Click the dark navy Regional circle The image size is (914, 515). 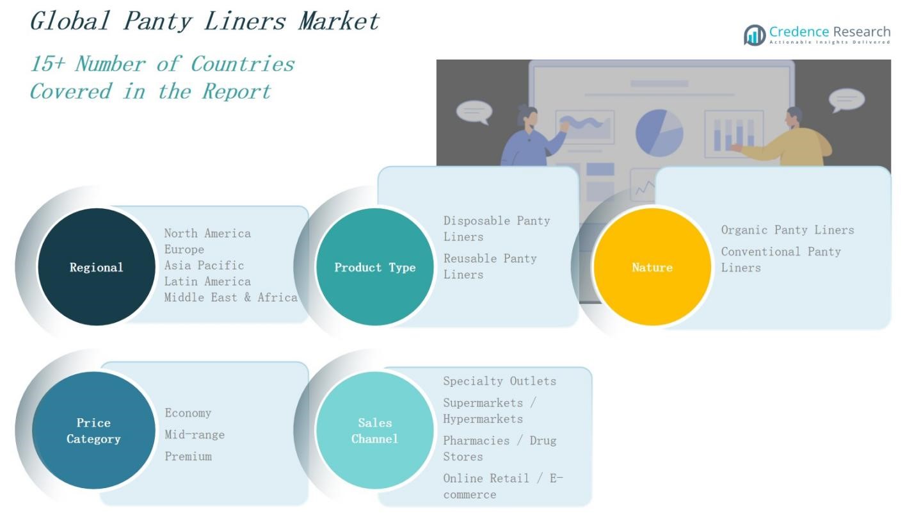[96, 266]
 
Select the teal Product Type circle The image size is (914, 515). [375, 266]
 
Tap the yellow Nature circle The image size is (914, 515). [652, 266]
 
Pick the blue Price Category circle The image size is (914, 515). [93, 430]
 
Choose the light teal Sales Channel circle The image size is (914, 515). [375, 430]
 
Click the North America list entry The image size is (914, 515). [207, 233]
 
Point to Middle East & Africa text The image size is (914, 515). [230, 297]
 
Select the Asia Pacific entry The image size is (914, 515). [204, 265]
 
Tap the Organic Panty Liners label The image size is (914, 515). [787, 230]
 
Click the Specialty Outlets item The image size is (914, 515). [499, 381]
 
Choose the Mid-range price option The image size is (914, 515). [195, 435]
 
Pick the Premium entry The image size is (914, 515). [188, 457]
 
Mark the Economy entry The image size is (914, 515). [188, 413]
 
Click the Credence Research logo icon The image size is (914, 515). [755, 35]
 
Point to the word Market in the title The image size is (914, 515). [339, 21]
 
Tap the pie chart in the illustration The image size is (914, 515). [659, 132]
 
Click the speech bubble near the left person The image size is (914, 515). [474, 112]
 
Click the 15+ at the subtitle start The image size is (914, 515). [47, 64]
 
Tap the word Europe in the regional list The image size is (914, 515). [184, 249]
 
